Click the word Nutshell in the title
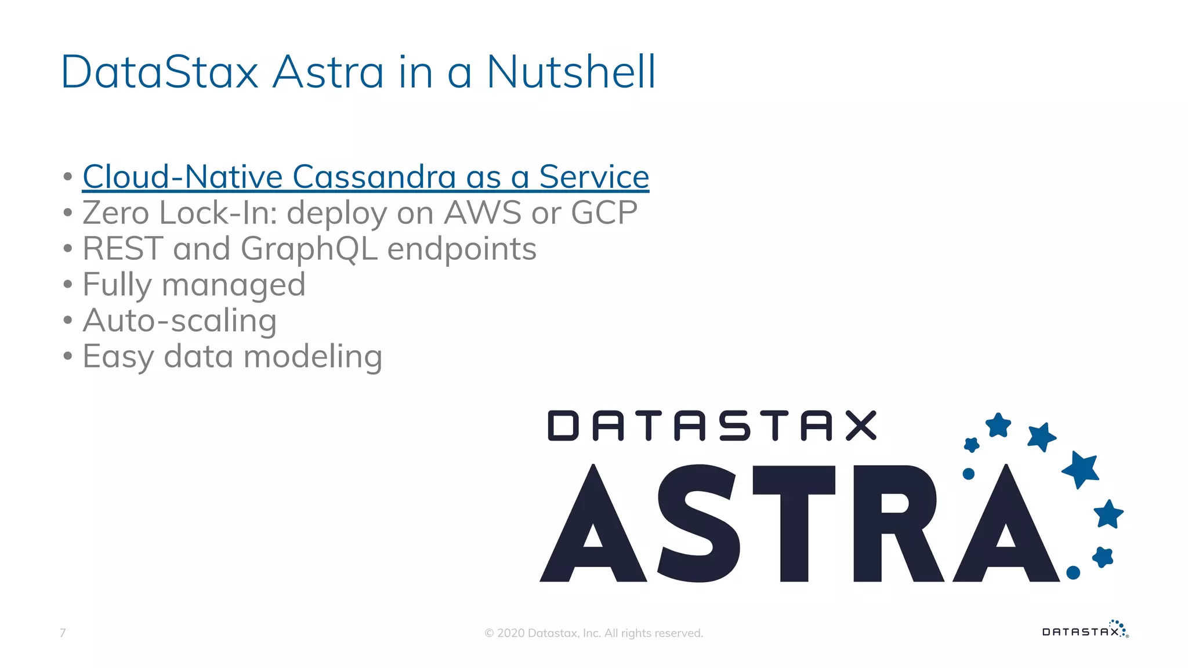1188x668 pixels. pos(571,72)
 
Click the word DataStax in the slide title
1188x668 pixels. pos(160,72)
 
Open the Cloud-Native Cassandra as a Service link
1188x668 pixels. pos(365,177)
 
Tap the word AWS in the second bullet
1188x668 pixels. pos(483,213)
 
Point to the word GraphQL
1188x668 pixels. pos(309,249)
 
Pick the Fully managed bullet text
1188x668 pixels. pos(194,285)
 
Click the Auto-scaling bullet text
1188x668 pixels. pos(180,321)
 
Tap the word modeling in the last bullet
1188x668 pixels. pos(313,357)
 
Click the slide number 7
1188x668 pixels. pos(63,633)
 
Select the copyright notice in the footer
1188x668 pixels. pos(593,633)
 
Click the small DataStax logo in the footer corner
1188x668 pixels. pos(1085,630)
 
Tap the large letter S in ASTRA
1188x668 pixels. pos(699,523)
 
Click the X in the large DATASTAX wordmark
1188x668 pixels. pos(861,426)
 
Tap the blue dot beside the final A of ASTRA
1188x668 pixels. pos(1073,572)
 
